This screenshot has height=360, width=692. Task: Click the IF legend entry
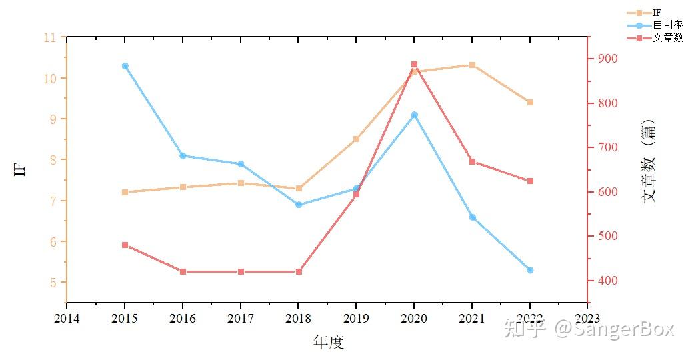(657, 13)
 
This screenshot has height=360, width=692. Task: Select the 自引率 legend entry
(667, 25)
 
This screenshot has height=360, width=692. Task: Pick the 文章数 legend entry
(667, 37)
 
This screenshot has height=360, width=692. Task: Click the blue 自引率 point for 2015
(125, 66)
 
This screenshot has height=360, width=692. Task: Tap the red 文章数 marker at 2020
(414, 65)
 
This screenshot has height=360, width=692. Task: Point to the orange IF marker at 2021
(472, 65)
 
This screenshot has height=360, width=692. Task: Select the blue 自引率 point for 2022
(530, 270)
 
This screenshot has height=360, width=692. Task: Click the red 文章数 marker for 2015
(125, 245)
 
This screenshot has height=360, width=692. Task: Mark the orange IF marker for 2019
(356, 139)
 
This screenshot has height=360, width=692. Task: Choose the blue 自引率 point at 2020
(414, 115)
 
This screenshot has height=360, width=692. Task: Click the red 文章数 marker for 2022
(530, 181)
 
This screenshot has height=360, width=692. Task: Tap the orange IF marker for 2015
(125, 192)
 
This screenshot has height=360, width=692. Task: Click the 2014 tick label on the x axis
(67, 319)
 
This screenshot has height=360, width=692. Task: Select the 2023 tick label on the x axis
(587, 319)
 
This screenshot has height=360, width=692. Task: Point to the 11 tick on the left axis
(49, 37)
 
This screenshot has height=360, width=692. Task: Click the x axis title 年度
(328, 343)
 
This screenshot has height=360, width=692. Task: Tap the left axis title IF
(19, 169)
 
